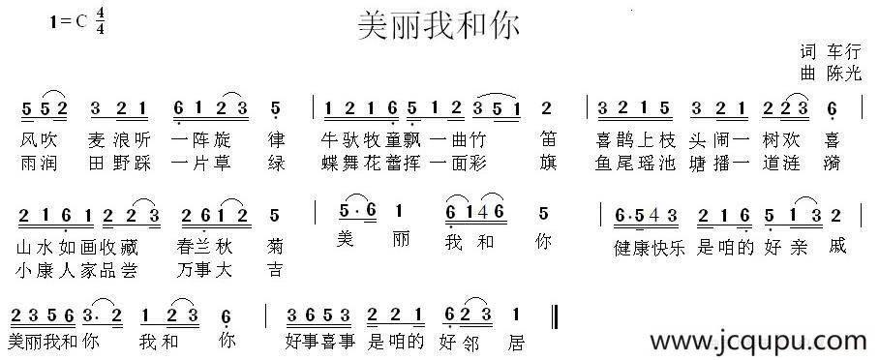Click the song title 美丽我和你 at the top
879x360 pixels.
pos(439,25)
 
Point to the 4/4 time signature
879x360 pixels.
pos(100,24)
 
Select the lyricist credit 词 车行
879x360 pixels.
pos(831,51)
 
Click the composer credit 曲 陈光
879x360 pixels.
pos(831,73)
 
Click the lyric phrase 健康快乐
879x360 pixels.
pos(649,246)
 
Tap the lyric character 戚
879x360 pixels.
pos(837,246)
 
